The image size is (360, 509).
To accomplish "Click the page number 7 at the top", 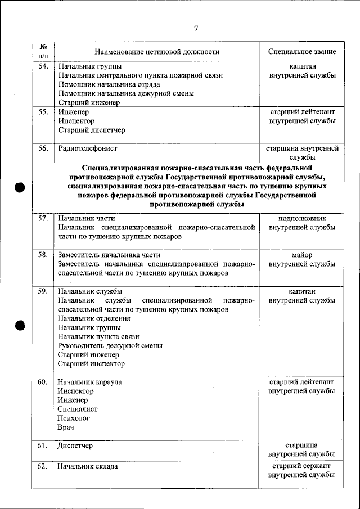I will coord(196,29).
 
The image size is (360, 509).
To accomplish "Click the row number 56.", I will coord(42,148).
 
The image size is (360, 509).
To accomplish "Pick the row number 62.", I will coord(42,466).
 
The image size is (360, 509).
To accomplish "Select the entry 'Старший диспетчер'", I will coord(92,130).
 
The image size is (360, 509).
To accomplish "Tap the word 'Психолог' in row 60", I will coord(74,418).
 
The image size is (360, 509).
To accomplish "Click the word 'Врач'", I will coord(66,427).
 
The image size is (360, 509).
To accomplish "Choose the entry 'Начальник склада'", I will coord(88,466).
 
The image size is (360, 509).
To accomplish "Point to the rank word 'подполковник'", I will coord(302,218).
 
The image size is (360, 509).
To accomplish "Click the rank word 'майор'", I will coord(302,255).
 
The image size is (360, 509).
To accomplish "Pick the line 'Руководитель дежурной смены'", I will coord(110,346).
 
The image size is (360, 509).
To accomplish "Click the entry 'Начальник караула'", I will coord(90,382).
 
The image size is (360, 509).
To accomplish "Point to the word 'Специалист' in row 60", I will coord(78,409).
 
